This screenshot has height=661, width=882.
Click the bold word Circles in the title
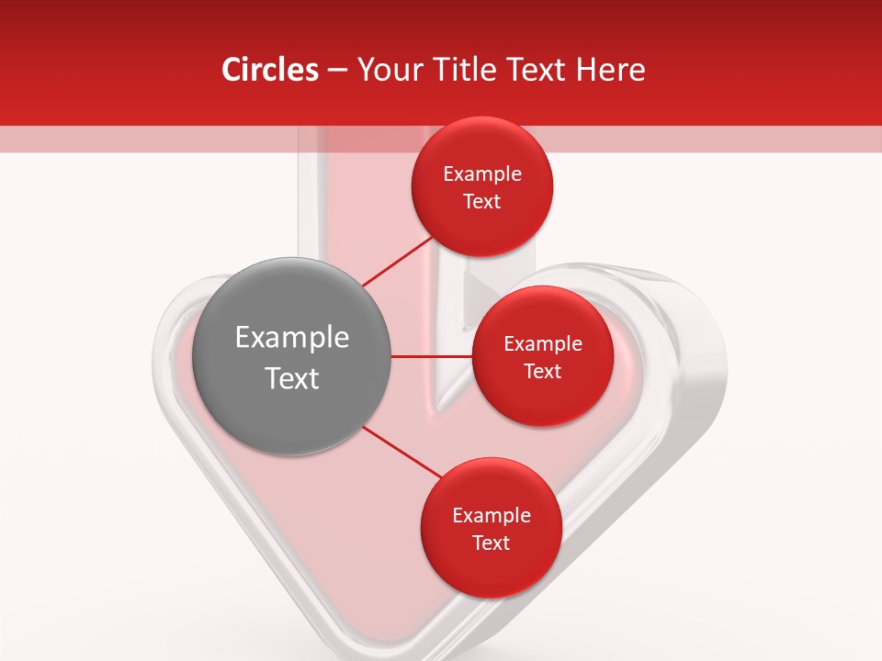pyautogui.click(x=270, y=70)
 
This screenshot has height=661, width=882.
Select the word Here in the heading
pyautogui.click(x=610, y=70)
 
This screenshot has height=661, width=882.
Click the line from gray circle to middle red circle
pyautogui.click(x=431, y=356)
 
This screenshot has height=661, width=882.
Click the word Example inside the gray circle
pyautogui.click(x=292, y=338)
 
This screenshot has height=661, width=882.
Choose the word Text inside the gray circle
pyautogui.click(x=292, y=378)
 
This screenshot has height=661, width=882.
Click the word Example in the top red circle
pyautogui.click(x=482, y=174)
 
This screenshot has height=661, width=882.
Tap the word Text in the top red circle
pyautogui.click(x=482, y=202)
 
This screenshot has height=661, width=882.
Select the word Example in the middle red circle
pyautogui.click(x=543, y=344)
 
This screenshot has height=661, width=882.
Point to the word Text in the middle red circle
pyautogui.click(x=543, y=372)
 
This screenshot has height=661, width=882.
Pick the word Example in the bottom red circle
pyautogui.click(x=492, y=516)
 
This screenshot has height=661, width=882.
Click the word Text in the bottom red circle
pyautogui.click(x=492, y=543)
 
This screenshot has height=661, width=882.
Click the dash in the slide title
pyautogui.click(x=337, y=71)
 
